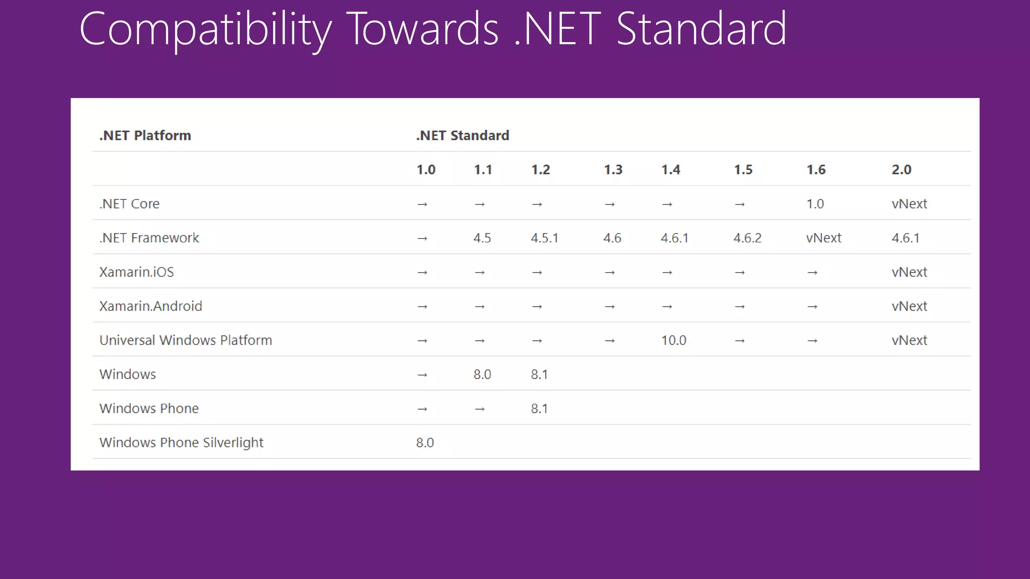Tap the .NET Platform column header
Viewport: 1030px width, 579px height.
click(145, 136)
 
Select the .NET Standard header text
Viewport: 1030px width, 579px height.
click(462, 136)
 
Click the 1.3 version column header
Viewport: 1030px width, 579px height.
click(613, 170)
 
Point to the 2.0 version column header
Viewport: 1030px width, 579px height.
click(901, 170)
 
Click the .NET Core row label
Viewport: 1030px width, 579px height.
click(129, 204)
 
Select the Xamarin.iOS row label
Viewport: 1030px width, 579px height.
click(136, 272)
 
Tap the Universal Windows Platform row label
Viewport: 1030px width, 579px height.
click(186, 340)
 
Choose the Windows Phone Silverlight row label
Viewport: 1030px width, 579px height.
click(181, 443)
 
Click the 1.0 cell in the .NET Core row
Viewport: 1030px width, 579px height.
click(815, 204)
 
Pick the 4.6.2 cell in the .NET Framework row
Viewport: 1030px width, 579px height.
click(747, 238)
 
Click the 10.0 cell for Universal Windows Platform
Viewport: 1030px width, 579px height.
click(673, 341)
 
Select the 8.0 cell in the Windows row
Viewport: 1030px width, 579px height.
click(482, 374)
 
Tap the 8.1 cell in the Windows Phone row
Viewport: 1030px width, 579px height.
click(539, 409)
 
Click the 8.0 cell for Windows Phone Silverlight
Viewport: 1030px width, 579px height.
click(424, 443)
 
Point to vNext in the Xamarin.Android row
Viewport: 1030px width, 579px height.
click(909, 307)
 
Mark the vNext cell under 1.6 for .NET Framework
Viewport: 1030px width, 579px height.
click(823, 238)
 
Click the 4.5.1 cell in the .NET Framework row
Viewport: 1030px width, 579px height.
click(544, 238)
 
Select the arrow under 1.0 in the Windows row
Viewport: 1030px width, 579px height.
click(422, 375)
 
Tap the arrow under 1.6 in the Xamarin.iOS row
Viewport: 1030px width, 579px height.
click(812, 273)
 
